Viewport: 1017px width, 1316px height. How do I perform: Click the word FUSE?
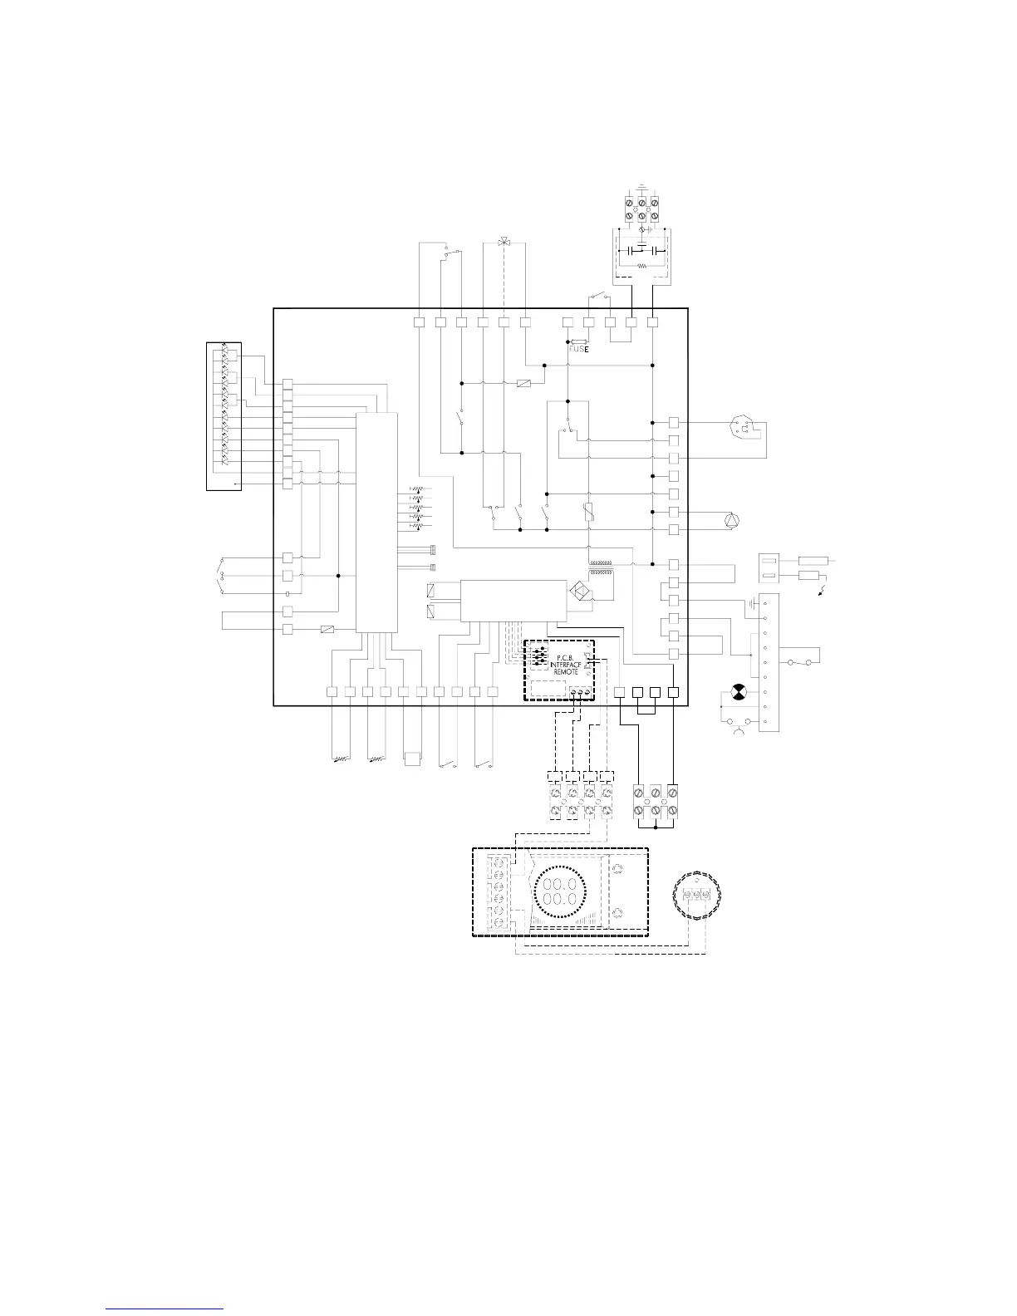pyautogui.click(x=577, y=349)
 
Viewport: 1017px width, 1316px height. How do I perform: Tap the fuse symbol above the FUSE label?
pyautogui.click(x=577, y=341)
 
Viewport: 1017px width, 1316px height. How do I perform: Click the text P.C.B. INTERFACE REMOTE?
pyautogui.click(x=565, y=665)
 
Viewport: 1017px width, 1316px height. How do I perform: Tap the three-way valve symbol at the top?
pyautogui.click(x=503, y=243)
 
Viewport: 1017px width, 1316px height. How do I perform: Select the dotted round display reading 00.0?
pyautogui.click(x=559, y=894)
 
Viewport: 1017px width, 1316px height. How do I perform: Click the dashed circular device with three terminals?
pyautogui.click(x=696, y=894)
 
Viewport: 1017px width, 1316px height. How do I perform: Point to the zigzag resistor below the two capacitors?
pyautogui.click(x=641, y=266)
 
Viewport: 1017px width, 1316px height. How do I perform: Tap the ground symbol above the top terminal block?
pyautogui.click(x=641, y=187)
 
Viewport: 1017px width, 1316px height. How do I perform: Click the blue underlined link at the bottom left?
pyautogui.click(x=165, y=1309)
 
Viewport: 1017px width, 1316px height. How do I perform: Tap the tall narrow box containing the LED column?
pyautogui.click(x=224, y=415)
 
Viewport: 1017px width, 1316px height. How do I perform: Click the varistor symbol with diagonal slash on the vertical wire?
pyautogui.click(x=588, y=512)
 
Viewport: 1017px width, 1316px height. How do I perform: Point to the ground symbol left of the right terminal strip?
pyautogui.click(x=752, y=604)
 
